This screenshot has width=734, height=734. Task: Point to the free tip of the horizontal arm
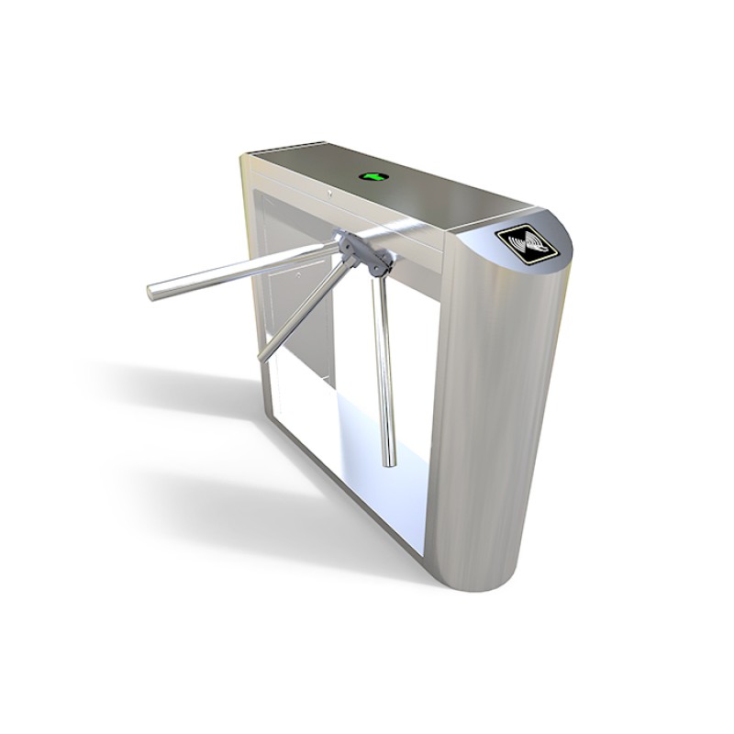click(153, 292)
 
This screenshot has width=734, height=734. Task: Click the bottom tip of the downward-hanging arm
click(390, 461)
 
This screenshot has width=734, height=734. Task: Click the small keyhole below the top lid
click(328, 194)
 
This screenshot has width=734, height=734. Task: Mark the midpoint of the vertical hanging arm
click(384, 367)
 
